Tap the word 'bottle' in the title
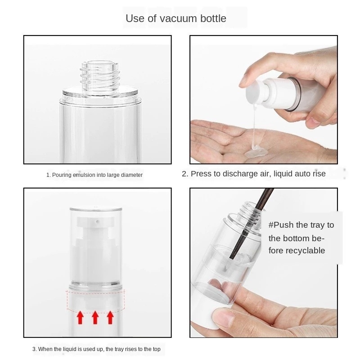(x=213, y=18)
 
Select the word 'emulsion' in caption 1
(x=84, y=175)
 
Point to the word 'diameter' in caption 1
(x=132, y=175)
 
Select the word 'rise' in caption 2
(x=319, y=174)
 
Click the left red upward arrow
(x=80, y=317)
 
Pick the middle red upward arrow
(x=95, y=317)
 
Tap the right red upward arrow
(x=110, y=317)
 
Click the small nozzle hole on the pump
(x=97, y=221)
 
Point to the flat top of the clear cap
(x=95, y=209)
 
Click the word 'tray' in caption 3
(x=118, y=349)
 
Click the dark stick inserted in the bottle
(x=252, y=224)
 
